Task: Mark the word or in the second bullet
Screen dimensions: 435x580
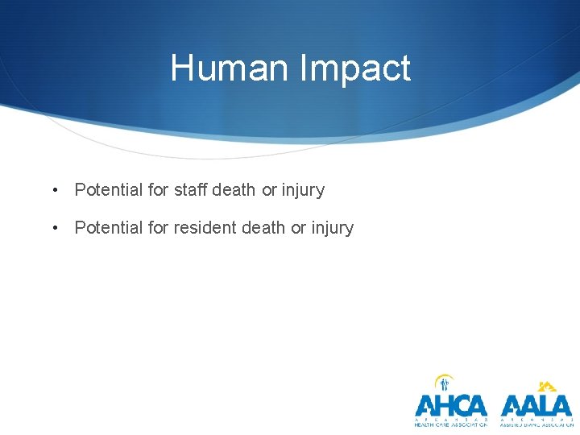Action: (x=298, y=228)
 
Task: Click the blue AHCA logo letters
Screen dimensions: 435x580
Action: (x=451, y=405)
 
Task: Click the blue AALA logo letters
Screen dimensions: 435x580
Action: (x=536, y=405)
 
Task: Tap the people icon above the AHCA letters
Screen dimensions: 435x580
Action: (x=444, y=383)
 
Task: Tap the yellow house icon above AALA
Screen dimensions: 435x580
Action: (x=547, y=386)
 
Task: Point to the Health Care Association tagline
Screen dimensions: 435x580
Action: (x=451, y=424)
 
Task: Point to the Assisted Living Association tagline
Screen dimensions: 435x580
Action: (x=536, y=424)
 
